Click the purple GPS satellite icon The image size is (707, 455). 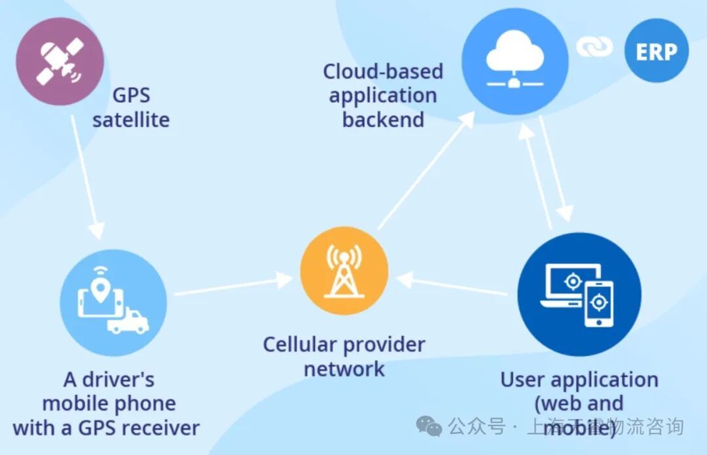pyautogui.click(x=60, y=61)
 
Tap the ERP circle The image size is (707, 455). pyautogui.click(x=656, y=52)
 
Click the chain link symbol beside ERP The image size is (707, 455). pyautogui.click(x=594, y=46)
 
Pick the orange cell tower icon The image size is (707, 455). pyautogui.click(x=344, y=271)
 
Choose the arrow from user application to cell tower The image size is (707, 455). pyautogui.click(x=452, y=286)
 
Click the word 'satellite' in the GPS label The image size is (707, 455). pyautogui.click(x=131, y=120)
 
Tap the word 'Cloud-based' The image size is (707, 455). pyautogui.click(x=383, y=71)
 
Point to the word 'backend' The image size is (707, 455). pyautogui.click(x=383, y=120)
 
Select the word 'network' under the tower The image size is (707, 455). pyautogui.click(x=344, y=369)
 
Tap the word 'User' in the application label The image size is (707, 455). pyautogui.click(x=522, y=379)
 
